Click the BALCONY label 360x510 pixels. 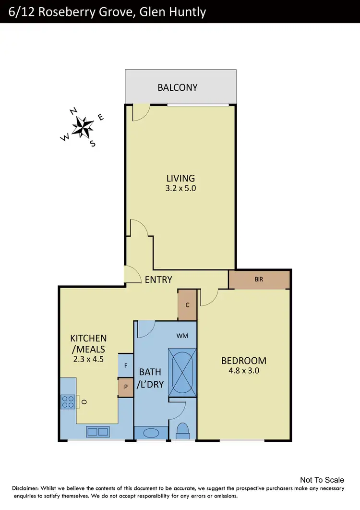click(178, 87)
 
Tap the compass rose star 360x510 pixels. click(83, 127)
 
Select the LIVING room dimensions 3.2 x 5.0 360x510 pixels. click(181, 189)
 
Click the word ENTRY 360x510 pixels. click(158, 279)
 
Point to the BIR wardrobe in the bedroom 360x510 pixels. click(259, 279)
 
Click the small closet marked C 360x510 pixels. click(187, 305)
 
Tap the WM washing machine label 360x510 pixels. click(182, 336)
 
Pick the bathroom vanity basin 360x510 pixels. click(151, 433)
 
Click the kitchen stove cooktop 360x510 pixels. click(68, 401)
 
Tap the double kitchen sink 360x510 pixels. click(97, 432)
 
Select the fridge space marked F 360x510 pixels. click(126, 366)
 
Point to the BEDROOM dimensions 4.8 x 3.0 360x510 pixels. click(243, 371)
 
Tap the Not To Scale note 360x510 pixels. click(322, 480)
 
